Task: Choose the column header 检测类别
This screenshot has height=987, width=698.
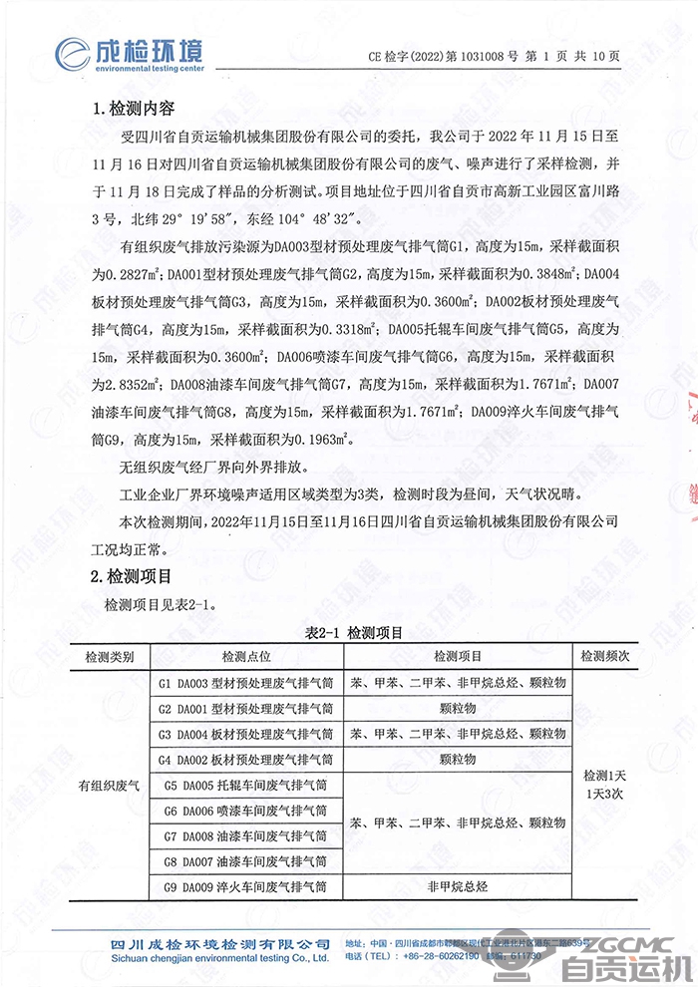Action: [x=117, y=656]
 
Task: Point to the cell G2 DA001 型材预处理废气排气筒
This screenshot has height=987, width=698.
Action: [x=245, y=708]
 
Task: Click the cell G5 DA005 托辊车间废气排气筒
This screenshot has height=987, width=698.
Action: [x=245, y=785]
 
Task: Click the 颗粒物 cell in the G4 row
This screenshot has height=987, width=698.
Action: [x=458, y=759]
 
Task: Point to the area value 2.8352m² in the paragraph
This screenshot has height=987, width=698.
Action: [x=131, y=383]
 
